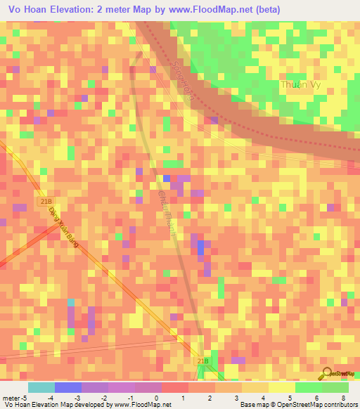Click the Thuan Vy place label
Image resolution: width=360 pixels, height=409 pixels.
(301, 84)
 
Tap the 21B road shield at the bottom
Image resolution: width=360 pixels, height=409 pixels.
(202, 361)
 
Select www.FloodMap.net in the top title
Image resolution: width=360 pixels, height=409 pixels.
(231, 8)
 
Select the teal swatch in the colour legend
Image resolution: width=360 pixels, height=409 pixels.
(41, 387)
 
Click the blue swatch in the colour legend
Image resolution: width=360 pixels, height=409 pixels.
(68, 387)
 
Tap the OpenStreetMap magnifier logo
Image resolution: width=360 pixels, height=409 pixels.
(326, 375)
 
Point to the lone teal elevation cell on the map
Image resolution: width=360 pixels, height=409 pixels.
(71, 303)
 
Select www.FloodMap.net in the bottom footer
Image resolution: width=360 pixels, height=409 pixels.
(142, 405)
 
